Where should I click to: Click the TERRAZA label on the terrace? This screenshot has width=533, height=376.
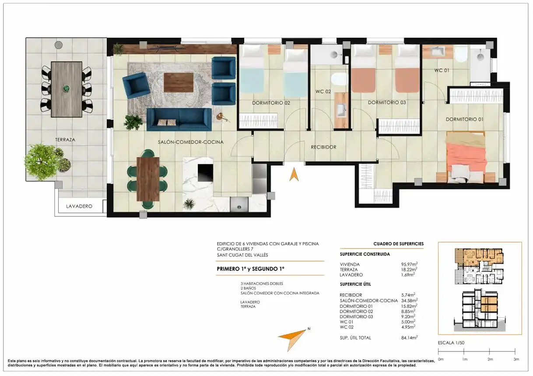pyautogui.click(x=65, y=140)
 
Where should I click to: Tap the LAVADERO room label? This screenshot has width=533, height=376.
pyautogui.click(x=79, y=206)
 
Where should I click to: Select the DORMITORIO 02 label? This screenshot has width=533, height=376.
pyautogui.click(x=271, y=103)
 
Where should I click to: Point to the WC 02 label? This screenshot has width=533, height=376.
pyautogui.click(x=323, y=92)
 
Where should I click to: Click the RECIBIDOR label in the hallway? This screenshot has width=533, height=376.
pyautogui.click(x=324, y=147)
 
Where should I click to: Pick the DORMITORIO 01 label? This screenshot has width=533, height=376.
pyautogui.click(x=464, y=119)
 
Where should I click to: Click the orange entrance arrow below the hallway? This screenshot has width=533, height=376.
pyautogui.click(x=294, y=174)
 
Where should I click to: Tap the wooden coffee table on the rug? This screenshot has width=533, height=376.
pyautogui.click(x=179, y=82)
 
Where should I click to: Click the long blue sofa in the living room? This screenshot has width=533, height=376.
pyautogui.click(x=179, y=120)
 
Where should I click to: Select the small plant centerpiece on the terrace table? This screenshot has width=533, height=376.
pyautogui.click(x=67, y=89)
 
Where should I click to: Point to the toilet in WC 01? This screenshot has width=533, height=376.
pyautogui.click(x=461, y=55)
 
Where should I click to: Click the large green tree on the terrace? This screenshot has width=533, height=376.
pyautogui.click(x=41, y=162)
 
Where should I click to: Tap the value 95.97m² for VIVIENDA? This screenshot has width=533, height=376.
pyautogui.click(x=409, y=264)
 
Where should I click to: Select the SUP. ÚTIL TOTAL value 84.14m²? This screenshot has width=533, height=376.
pyautogui.click(x=409, y=337)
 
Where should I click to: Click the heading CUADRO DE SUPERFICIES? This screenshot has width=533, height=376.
pyautogui.click(x=399, y=244)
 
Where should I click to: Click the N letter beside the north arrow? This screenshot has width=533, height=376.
pyautogui.click(x=309, y=329)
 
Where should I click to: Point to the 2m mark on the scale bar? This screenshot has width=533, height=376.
pyautogui.click(x=489, y=351)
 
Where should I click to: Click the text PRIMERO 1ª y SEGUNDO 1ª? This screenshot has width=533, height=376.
pyautogui.click(x=251, y=269)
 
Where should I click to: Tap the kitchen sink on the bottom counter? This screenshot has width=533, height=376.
pyautogui.click(x=239, y=205)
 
